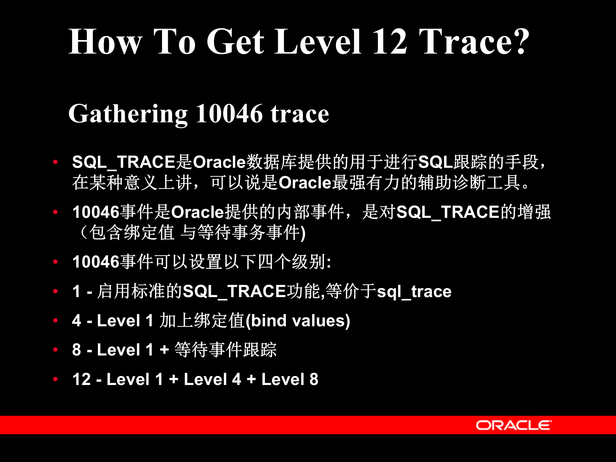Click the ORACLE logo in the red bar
(513, 425)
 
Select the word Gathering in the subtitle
(128, 115)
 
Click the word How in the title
(105, 42)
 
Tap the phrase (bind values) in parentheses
(298, 321)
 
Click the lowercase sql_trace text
(414, 292)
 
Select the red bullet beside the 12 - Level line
(56, 379)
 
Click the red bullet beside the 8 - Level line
(56, 350)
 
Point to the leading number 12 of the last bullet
(81, 379)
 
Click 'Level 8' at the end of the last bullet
(290, 379)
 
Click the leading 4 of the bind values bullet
(76, 321)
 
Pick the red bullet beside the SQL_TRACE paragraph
(56, 162)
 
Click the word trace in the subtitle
(300, 115)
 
